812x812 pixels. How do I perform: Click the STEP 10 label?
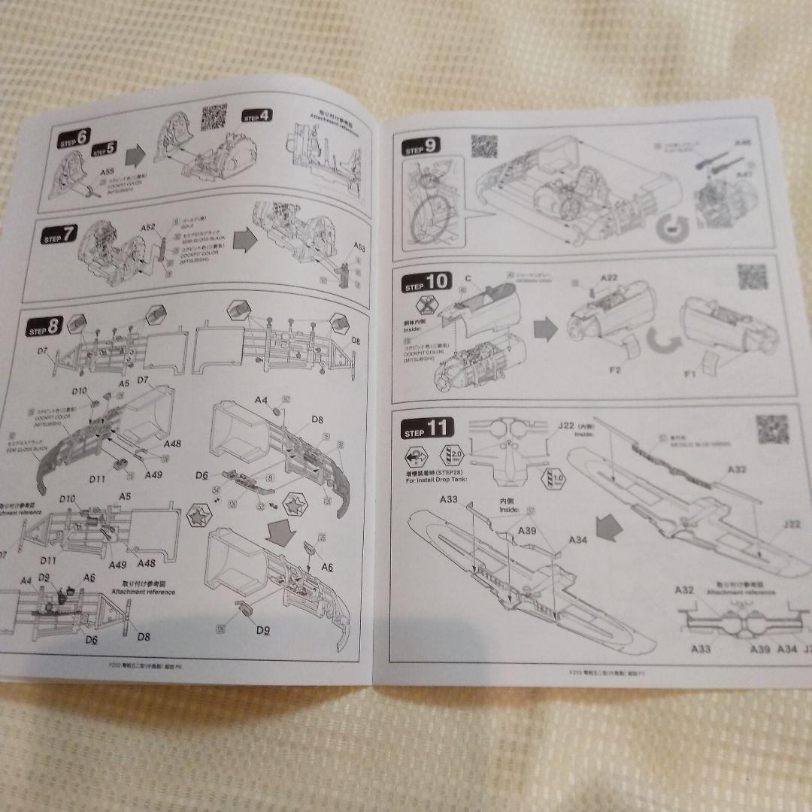point(428,284)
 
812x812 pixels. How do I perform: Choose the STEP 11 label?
point(428,429)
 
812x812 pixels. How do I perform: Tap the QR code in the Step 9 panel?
point(484,147)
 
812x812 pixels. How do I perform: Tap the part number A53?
point(359,247)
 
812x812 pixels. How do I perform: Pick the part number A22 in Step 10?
point(609,279)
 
